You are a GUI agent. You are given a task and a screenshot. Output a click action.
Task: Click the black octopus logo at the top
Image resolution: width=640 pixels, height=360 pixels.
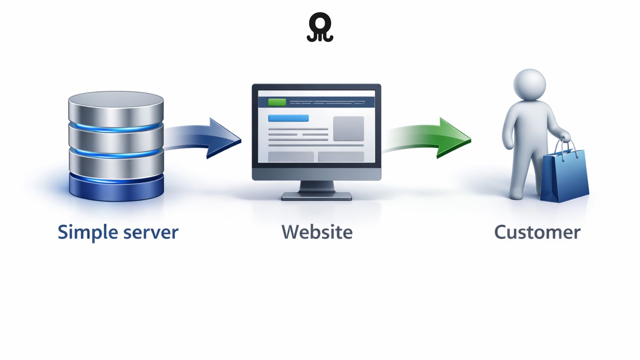pos(320,27)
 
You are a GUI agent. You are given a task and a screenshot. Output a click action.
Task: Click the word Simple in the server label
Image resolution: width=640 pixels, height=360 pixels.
pos(88,232)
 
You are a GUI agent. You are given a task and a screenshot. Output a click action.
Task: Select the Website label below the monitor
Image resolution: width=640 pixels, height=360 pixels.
pos(317,232)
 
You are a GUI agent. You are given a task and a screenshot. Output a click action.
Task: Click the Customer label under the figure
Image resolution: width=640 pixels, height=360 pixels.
pos(537,232)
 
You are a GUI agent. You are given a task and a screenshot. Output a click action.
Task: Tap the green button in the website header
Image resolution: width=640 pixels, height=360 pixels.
pos(277,102)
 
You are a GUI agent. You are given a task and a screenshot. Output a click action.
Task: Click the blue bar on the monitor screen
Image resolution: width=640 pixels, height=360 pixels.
pos(288,118)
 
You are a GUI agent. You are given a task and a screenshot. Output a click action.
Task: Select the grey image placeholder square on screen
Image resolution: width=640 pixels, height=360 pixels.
pos(348,128)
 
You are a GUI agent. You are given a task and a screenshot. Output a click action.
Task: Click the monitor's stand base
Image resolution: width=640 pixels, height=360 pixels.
pos(316,196)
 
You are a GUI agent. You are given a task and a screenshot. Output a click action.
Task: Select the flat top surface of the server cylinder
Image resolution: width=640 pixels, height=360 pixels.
pos(116,99)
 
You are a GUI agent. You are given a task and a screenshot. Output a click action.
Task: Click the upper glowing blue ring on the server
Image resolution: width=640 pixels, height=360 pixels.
pos(116,128)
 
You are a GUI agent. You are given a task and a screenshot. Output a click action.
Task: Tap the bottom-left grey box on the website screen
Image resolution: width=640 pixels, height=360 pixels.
pos(291,157)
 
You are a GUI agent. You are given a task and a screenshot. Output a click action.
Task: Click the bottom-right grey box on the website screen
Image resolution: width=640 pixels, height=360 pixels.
pos(341,157)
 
